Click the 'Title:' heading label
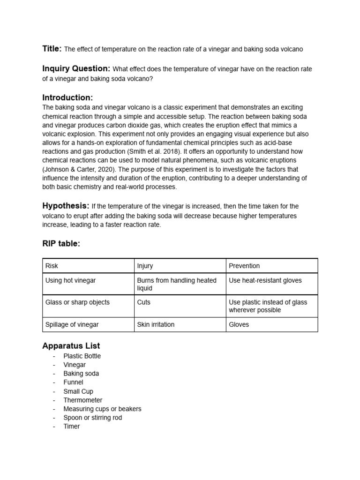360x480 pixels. pos(52,49)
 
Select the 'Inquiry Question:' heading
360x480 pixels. pos(76,69)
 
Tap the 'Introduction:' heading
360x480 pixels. pos(67,97)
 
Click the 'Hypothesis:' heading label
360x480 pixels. pos(66,206)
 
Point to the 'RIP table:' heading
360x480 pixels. pos(61,243)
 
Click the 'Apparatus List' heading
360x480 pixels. pos(71,346)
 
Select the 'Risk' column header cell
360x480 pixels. pos(52,266)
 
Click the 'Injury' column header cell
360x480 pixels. pos(145,266)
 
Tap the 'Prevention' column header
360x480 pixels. pos(244,266)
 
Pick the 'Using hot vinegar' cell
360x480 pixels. pos(70,280)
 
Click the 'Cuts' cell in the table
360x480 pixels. pos(143,302)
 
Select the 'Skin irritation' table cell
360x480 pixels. pos(156,324)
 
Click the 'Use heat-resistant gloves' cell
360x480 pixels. pos(265,280)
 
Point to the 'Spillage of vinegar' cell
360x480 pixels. pos(72,324)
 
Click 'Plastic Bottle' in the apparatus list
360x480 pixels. pos(82,356)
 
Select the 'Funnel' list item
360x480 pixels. pos(74,382)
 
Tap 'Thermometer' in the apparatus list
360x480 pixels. pos(83,400)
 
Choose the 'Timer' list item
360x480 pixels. pos(72,426)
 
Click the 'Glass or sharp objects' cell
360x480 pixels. pos(77,302)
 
